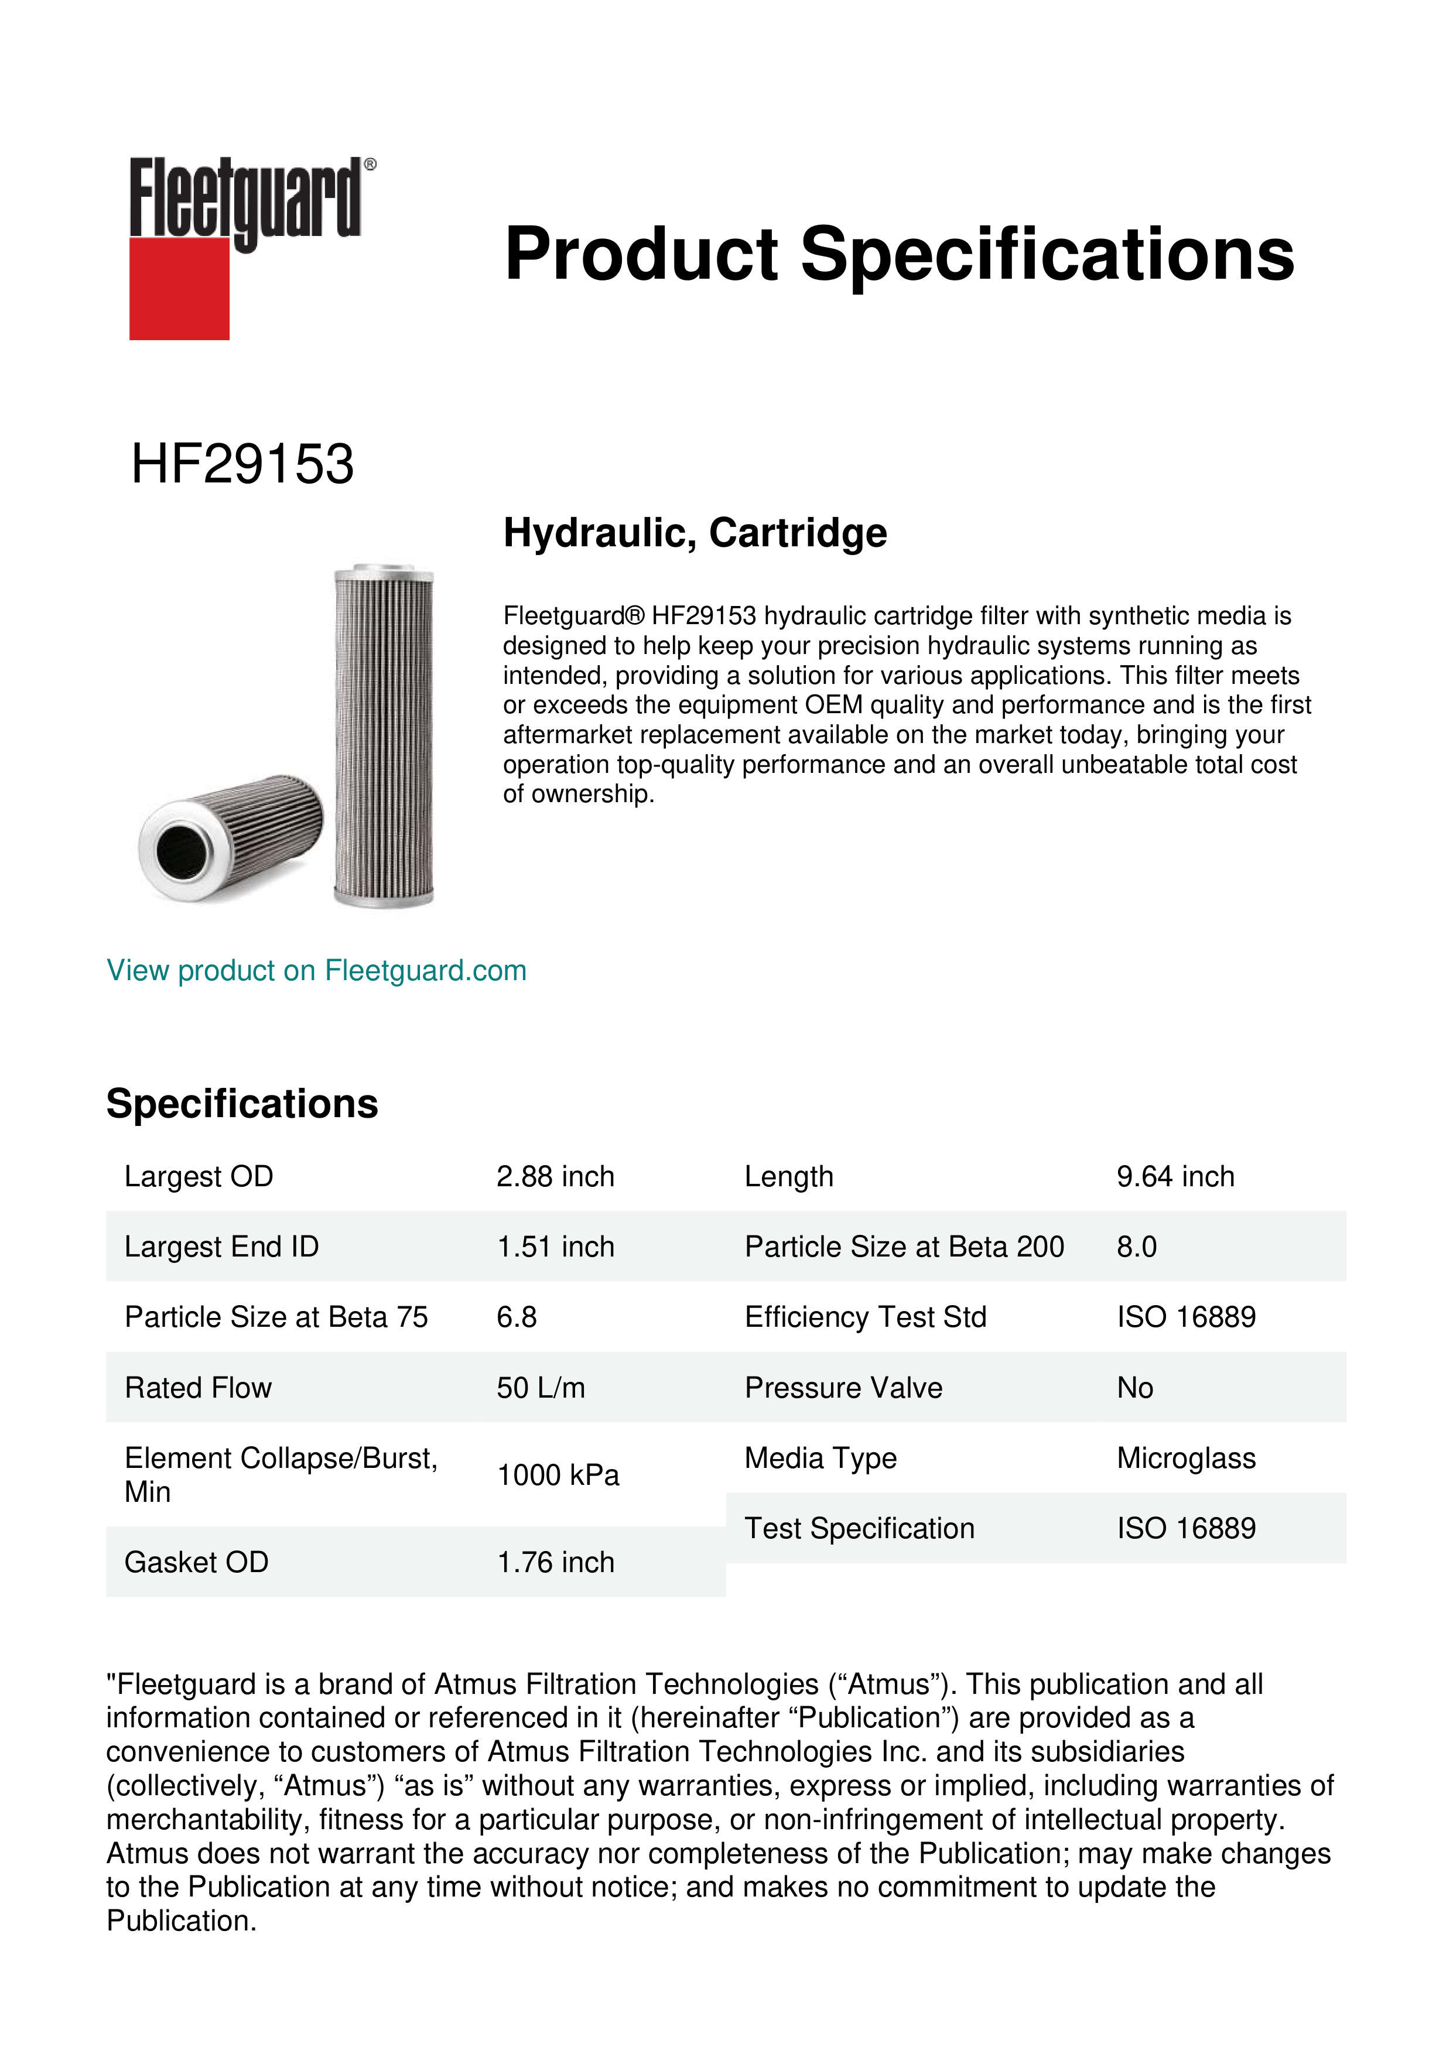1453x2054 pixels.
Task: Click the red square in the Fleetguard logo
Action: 179,288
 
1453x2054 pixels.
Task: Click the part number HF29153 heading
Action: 242,464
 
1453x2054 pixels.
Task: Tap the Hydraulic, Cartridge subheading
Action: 695,533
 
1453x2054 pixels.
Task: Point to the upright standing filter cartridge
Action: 383,735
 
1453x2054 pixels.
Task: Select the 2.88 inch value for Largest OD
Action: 555,1176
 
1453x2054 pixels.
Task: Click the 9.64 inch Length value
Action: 1175,1176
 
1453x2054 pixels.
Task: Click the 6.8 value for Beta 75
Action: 516,1317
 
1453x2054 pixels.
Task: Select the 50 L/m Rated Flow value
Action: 541,1388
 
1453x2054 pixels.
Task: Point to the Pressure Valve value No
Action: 1134,1388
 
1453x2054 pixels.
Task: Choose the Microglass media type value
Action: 1185,1458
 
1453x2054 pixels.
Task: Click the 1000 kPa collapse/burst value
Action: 558,1475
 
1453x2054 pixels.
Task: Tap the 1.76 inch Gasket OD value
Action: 555,1562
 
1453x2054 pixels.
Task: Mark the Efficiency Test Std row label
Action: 865,1317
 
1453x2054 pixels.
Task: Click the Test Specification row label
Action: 859,1528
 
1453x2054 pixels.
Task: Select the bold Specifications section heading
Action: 241,1104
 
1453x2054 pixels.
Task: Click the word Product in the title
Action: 641,254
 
